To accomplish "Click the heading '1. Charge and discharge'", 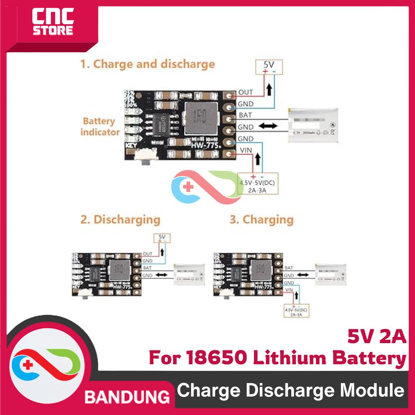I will pyautogui.click(x=147, y=64).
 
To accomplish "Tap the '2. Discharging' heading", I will pyautogui.click(x=120, y=220).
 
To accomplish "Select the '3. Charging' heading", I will pyautogui.click(x=261, y=220).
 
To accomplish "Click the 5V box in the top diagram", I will pyautogui.click(x=269, y=67).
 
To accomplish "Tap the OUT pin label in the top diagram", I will pyautogui.click(x=246, y=92).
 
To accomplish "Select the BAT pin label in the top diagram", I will pyautogui.click(x=246, y=115).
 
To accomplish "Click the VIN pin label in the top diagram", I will pyautogui.click(x=245, y=150).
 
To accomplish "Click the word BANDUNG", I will pyautogui.click(x=127, y=396).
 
